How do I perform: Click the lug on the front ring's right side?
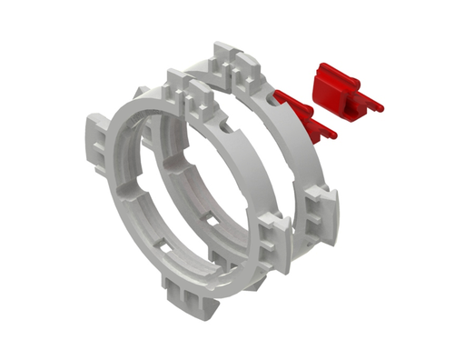[273, 242]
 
